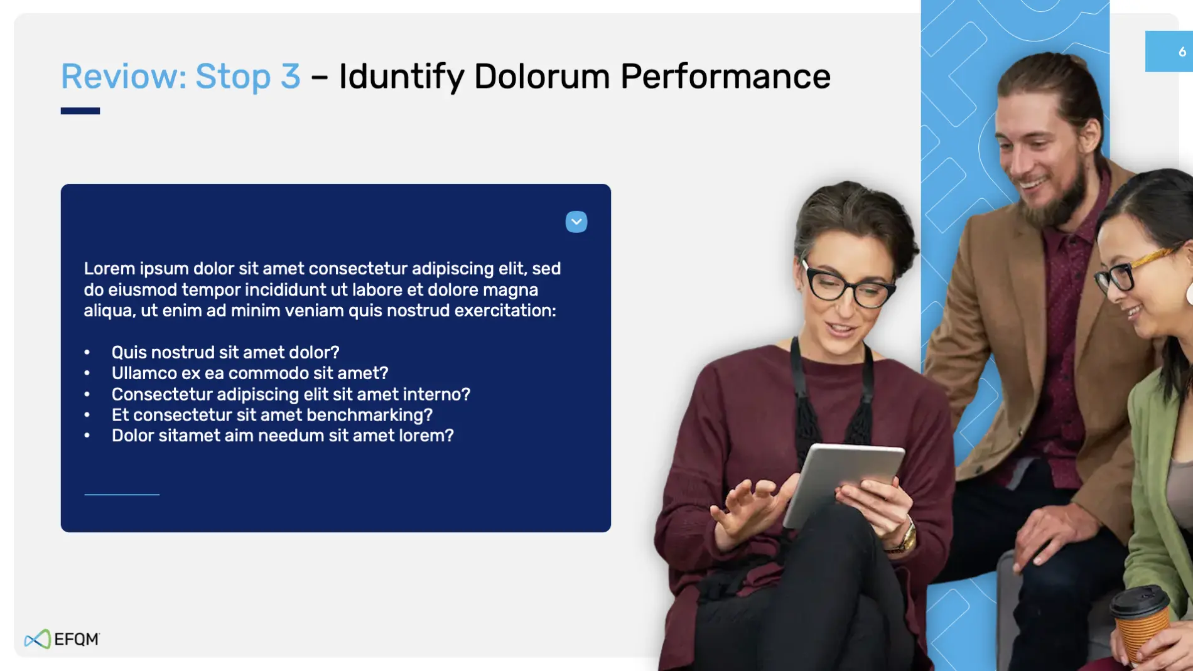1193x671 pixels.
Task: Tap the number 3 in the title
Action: click(291, 77)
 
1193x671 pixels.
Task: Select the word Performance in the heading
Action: click(725, 77)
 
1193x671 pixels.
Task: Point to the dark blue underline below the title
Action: click(80, 111)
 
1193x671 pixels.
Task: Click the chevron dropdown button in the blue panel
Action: click(576, 222)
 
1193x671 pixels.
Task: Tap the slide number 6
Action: click(1182, 51)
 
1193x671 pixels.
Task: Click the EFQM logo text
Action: click(77, 639)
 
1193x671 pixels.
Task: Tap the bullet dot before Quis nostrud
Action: click(87, 352)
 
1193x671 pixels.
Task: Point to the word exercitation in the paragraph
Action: click(503, 311)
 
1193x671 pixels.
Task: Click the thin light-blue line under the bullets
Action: click(122, 495)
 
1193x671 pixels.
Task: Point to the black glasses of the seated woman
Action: click(848, 286)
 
